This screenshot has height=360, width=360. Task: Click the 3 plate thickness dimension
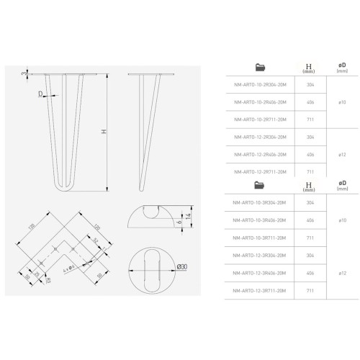click(24, 73)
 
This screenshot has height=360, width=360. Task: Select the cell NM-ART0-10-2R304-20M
click(259, 84)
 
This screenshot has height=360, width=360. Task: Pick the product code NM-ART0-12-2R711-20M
click(259, 171)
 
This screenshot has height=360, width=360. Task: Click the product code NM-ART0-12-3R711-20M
click(259, 289)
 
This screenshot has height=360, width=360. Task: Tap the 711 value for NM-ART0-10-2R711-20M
click(310, 119)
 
